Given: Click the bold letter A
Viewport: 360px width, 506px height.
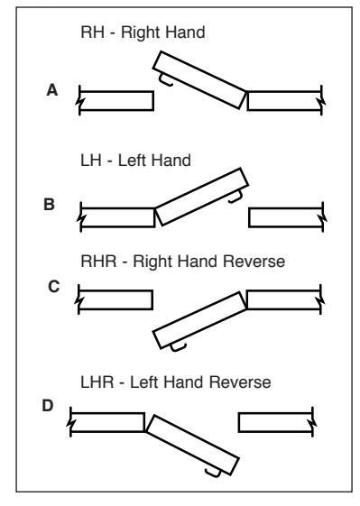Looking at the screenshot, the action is point(52,90).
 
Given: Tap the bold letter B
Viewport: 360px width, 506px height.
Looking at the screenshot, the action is point(49,204).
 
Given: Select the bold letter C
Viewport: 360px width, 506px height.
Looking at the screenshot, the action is point(53,287).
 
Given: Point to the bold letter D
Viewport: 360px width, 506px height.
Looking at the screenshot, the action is point(48,406).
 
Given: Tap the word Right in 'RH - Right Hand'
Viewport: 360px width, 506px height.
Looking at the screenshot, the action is point(137,32).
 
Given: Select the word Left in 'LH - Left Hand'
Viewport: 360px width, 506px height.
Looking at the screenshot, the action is point(132,161).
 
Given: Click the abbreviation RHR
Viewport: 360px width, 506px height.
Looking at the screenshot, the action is point(98,261).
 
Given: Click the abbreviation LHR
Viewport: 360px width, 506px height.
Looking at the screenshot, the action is point(97,382).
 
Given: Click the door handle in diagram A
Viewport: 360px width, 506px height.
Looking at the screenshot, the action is point(166,81).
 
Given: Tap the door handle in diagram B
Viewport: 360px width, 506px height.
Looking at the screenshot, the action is point(235,197).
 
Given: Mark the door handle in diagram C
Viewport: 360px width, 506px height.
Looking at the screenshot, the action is point(178,347).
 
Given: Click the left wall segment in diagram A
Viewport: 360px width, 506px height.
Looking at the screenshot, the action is point(115,101).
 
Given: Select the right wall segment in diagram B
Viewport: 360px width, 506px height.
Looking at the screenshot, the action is point(287,217).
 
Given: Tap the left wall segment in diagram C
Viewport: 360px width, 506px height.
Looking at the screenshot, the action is point(115,299).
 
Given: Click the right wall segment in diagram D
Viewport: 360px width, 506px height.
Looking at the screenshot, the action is point(276,422).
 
